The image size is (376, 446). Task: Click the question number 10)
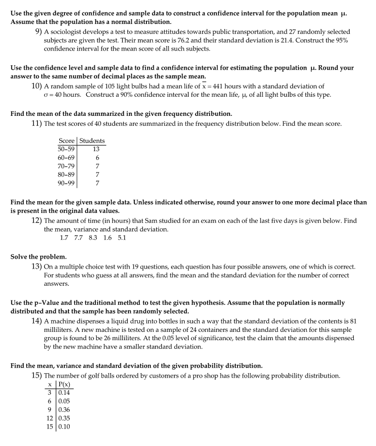coord(37,86)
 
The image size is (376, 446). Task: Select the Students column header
coord(92,141)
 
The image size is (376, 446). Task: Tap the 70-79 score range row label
coord(66,166)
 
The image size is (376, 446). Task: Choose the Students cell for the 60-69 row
coord(97,158)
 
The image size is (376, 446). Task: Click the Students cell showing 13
coord(96,149)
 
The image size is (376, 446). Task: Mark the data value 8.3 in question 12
coord(93,238)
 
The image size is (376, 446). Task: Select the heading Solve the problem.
coord(38,257)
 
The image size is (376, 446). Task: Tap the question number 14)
coord(37,321)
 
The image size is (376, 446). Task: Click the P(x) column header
coord(64,385)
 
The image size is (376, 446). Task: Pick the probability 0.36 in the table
coord(64,409)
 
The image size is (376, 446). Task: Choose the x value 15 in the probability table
coord(49,426)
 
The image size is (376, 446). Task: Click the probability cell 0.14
coord(64,392)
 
